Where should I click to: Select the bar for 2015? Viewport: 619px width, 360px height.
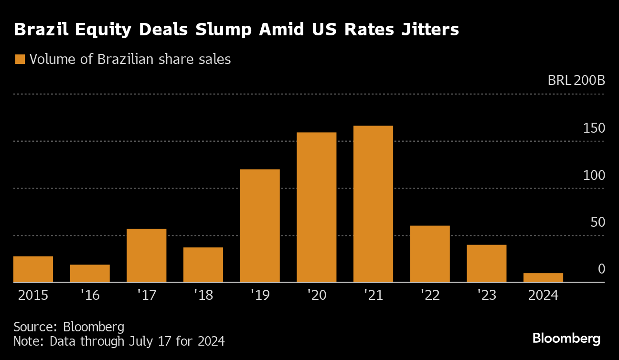click(x=33, y=269)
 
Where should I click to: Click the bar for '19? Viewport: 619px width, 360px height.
click(x=260, y=226)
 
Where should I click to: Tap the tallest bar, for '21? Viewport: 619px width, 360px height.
click(x=373, y=204)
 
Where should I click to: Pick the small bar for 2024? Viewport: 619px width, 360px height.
click(x=543, y=277)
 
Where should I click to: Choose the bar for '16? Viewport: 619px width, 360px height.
click(x=90, y=273)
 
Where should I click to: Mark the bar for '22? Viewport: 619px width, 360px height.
click(x=430, y=254)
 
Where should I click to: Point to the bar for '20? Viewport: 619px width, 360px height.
click(x=316, y=207)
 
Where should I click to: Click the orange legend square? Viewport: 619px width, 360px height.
click(x=20, y=60)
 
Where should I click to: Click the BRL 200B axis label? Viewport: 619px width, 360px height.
click(x=576, y=80)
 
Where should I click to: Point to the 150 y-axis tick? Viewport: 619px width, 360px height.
click(x=594, y=128)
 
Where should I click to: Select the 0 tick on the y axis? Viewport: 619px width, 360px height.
click(x=601, y=269)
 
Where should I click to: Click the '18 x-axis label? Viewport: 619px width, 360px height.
click(x=203, y=295)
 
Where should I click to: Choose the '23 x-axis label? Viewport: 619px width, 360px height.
click(x=486, y=295)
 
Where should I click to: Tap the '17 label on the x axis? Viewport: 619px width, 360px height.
click(x=147, y=295)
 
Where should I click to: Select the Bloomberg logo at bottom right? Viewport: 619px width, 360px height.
click(x=566, y=339)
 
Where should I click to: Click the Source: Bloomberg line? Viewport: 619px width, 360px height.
click(x=69, y=327)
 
